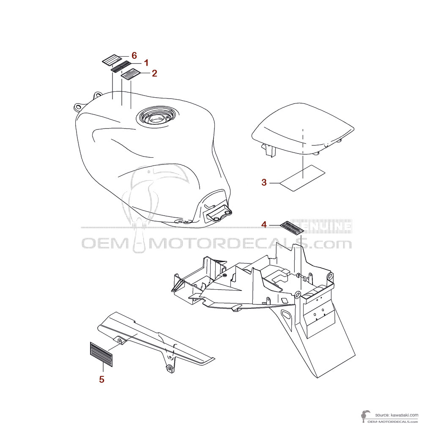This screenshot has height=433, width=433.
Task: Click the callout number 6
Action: click(134, 55)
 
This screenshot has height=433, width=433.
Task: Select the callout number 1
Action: click(146, 63)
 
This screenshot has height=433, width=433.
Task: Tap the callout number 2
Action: click(154, 73)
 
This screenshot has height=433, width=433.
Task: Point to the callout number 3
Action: click(264, 183)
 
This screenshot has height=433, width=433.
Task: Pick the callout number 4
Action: click(264, 225)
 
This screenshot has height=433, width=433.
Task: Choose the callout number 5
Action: click(101, 379)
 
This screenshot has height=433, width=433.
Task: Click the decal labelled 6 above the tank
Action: click(112, 60)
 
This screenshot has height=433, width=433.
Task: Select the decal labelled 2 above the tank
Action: click(131, 74)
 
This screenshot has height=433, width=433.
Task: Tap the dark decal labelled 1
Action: click(121, 67)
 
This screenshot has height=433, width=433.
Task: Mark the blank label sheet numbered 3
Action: click(302, 178)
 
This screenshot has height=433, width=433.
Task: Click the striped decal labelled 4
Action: click(292, 227)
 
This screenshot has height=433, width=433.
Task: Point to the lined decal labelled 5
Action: click(101, 354)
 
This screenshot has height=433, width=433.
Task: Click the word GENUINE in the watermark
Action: click(322, 227)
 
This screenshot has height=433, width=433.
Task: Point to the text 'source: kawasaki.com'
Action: click(397, 415)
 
